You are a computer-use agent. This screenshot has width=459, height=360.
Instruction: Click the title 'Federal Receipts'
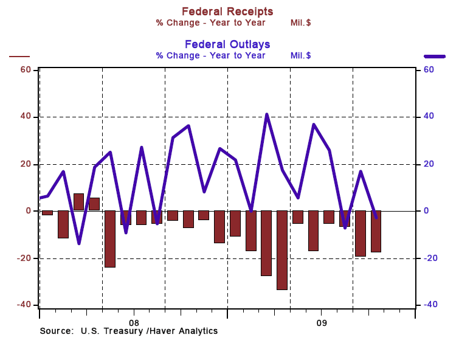227,12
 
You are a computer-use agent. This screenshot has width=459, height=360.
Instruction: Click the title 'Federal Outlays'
227,44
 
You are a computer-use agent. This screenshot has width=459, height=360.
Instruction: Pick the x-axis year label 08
134,322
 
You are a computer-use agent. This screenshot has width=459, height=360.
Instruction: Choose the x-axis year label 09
322,322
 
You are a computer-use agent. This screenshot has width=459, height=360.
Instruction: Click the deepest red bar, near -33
282,250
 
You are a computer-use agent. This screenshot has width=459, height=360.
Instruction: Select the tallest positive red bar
78,202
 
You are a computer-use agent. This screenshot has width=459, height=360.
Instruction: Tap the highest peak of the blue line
266,114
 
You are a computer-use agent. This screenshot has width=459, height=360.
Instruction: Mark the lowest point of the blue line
78,243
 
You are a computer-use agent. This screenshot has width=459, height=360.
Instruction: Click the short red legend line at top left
19,57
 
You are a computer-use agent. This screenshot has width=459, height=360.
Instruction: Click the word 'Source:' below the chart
57,331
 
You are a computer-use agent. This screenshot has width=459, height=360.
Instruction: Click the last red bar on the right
376,231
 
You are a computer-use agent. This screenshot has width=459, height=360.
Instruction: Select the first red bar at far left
47,213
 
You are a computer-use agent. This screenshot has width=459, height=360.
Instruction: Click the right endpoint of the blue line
376,217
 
